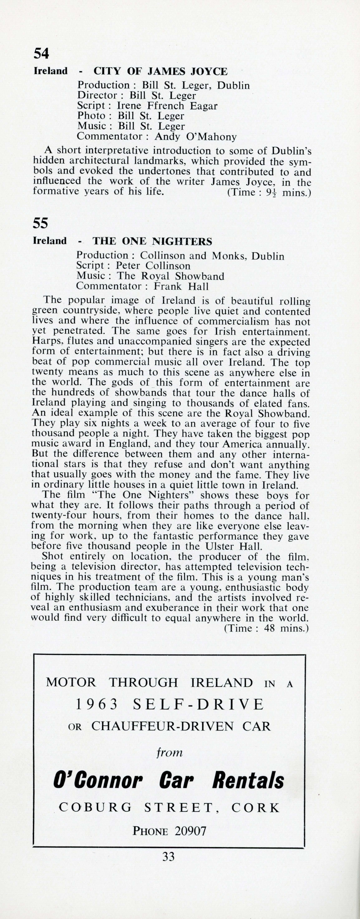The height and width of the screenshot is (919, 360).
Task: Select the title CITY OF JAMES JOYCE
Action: [160, 71]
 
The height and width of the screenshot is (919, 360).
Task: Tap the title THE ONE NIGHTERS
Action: [152, 242]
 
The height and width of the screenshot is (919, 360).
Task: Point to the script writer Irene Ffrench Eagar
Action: [167, 106]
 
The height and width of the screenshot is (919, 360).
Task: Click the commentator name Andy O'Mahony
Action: [196, 137]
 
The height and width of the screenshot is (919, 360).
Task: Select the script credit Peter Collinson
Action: [153, 266]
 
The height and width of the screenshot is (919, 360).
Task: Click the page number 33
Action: [168, 856]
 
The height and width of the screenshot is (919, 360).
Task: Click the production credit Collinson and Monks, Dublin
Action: [212, 256]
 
